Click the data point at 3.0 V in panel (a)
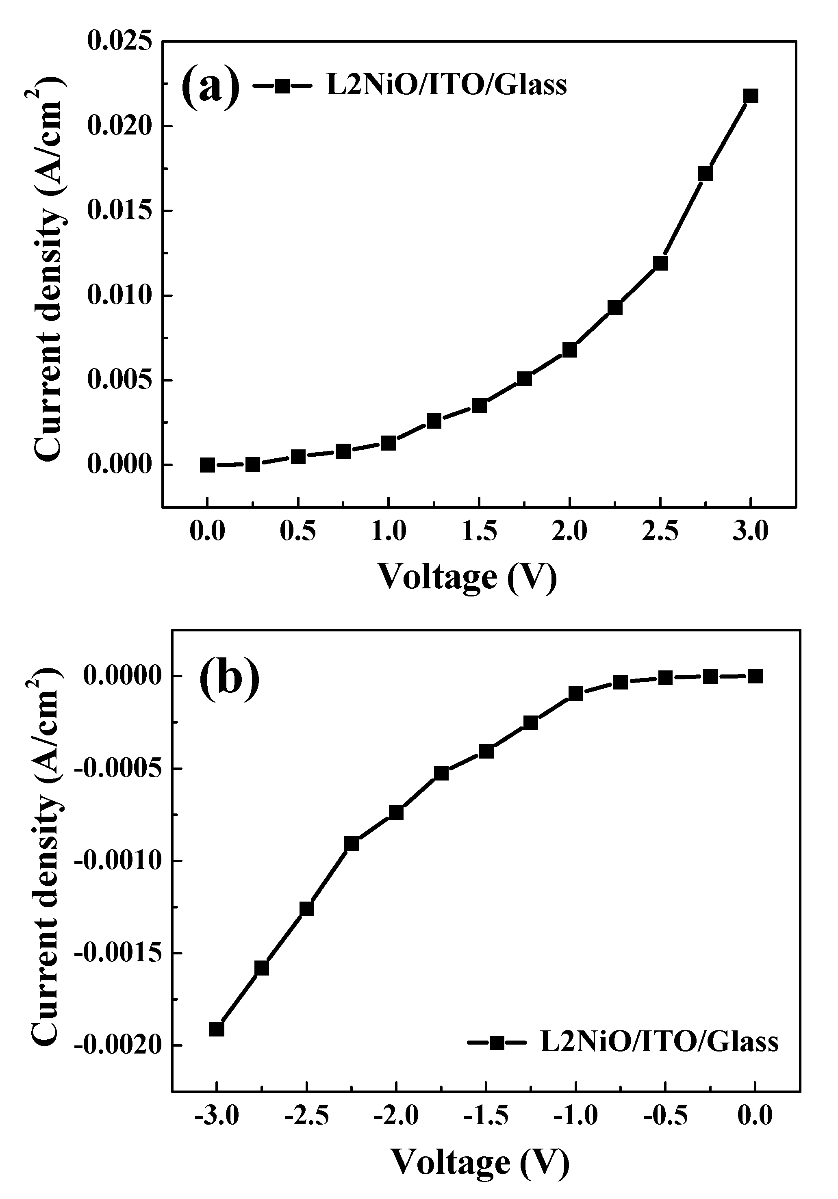[751, 96]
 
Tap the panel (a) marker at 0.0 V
[207, 465]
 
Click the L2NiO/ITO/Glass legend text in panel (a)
[447, 85]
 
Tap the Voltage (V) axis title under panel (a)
[467, 577]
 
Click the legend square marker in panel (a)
[282, 86]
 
